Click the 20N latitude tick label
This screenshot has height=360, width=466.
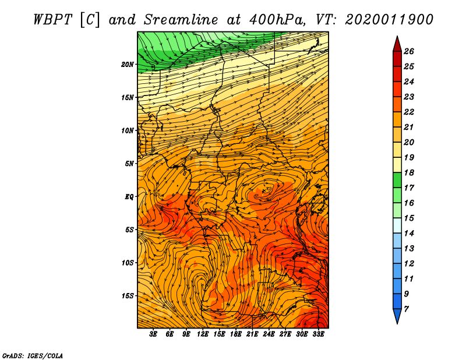coord(128,65)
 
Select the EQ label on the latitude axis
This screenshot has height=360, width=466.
coord(129,197)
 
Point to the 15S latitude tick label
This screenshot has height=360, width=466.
coord(128,296)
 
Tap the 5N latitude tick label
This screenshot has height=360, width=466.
coord(129,164)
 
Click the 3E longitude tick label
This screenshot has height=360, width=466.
coord(153,334)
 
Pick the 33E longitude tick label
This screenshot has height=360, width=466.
coord(318,334)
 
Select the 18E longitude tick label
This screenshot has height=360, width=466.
coord(236,334)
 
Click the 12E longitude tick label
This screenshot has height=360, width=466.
coord(203,334)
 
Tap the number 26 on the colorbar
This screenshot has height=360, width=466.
coord(409,51)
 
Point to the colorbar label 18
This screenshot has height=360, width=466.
coord(409,172)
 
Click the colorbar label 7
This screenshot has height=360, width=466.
coord(406,309)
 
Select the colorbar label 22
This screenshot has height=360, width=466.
coord(409,112)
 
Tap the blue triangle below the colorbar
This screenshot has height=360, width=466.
coord(397,315)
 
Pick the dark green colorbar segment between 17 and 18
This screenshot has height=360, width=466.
coord(397,180)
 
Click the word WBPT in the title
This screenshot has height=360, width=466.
coord(53,20)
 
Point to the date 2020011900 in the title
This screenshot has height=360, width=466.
coord(389,20)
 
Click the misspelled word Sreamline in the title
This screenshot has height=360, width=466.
coord(181,20)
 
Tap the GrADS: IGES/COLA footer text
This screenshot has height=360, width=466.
coord(33,356)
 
